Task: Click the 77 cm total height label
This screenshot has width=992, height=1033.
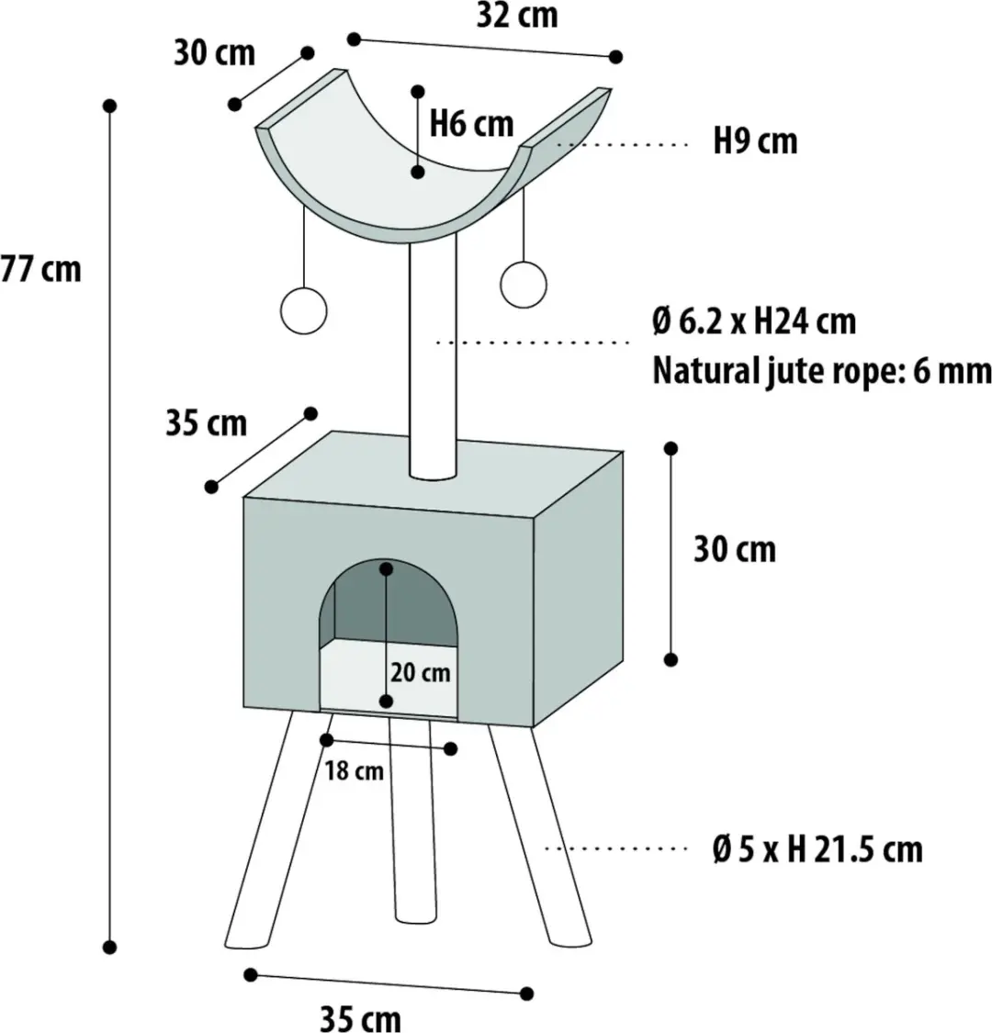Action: tap(40, 269)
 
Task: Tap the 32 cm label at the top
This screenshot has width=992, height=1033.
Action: tap(517, 16)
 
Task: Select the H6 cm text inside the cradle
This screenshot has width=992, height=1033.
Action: tap(471, 124)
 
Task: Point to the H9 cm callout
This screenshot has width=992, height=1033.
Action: tap(755, 141)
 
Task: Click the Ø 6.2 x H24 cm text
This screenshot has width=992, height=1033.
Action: tap(754, 321)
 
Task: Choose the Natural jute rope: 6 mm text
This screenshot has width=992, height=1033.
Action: tap(822, 370)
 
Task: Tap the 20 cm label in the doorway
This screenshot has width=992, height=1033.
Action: tap(421, 673)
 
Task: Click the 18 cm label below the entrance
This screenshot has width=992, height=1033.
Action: tap(354, 770)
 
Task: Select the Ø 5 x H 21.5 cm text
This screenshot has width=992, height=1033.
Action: tap(817, 850)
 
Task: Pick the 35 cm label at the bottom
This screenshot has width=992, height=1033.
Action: tap(361, 1017)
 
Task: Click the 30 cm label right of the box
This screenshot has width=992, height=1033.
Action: tap(734, 549)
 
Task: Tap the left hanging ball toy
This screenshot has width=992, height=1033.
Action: tap(303, 311)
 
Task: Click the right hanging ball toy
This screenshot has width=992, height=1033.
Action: tap(524, 285)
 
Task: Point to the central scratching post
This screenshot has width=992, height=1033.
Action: tap(433, 359)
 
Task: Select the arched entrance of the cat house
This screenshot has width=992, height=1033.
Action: tap(389, 635)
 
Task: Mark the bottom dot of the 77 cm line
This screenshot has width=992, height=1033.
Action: tap(110, 948)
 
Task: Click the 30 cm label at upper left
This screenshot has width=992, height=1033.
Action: tap(214, 52)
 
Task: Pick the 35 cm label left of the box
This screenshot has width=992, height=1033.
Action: tap(207, 423)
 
